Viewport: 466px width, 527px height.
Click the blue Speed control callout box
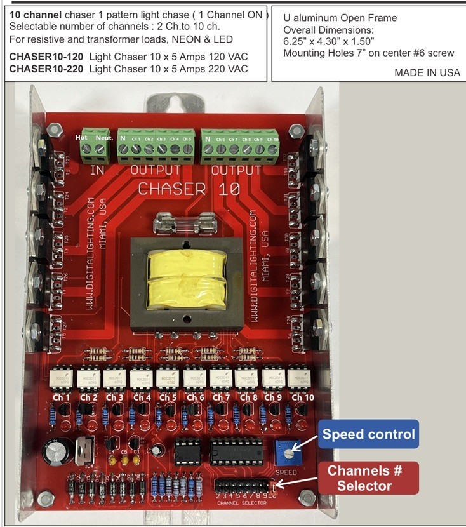point(369,435)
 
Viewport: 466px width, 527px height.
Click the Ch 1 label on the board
point(62,397)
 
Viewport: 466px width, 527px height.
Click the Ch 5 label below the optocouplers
point(168,397)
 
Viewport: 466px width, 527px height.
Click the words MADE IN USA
point(427,72)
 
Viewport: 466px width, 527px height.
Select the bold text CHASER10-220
point(46,69)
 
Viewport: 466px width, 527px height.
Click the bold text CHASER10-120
point(46,57)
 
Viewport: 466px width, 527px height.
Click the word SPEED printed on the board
point(286,473)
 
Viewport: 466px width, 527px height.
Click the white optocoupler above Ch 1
point(62,379)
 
